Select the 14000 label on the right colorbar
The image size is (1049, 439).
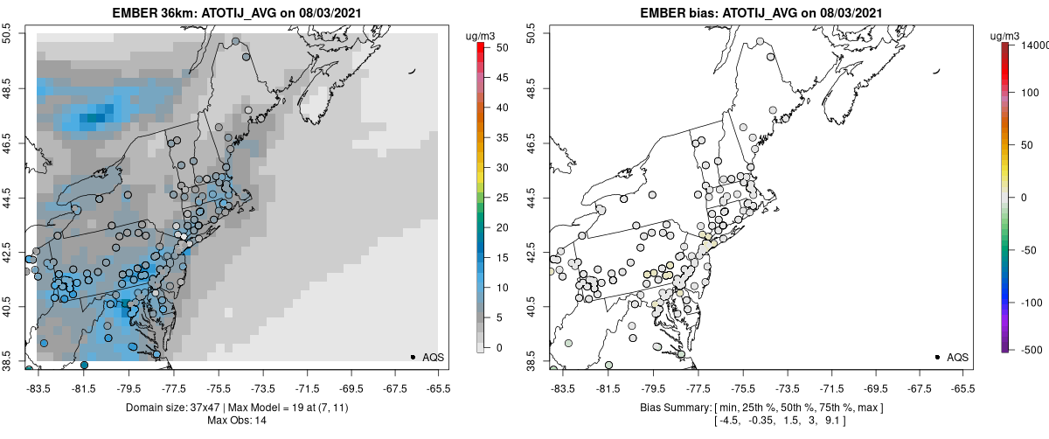(1036, 45)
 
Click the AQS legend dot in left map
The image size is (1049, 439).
(412, 357)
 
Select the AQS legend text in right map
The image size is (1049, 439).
(958, 357)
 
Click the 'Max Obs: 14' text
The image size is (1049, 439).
(237, 421)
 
